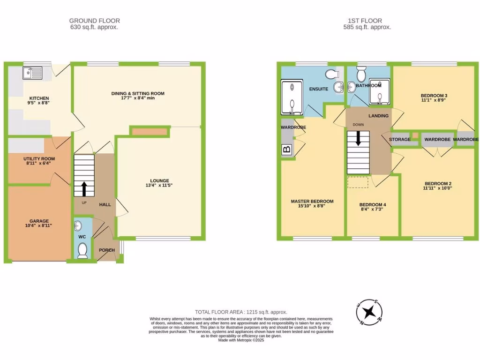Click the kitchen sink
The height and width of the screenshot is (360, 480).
point(32,72)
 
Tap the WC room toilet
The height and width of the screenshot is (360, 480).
point(82,252)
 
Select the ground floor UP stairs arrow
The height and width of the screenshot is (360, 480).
point(84,188)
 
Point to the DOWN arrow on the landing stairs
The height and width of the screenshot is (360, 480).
point(359,139)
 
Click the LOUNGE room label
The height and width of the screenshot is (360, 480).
point(159,181)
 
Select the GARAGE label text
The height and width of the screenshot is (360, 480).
point(39,221)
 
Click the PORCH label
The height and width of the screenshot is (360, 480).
point(107,250)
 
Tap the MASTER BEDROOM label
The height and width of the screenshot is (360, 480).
point(312,202)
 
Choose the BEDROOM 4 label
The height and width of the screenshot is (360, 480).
point(373,205)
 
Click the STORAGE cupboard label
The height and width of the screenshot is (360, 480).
point(399,140)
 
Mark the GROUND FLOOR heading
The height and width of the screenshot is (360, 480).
point(94,21)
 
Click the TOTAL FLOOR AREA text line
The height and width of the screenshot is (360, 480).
point(241,312)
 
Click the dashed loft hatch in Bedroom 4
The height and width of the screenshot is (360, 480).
point(358,183)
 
